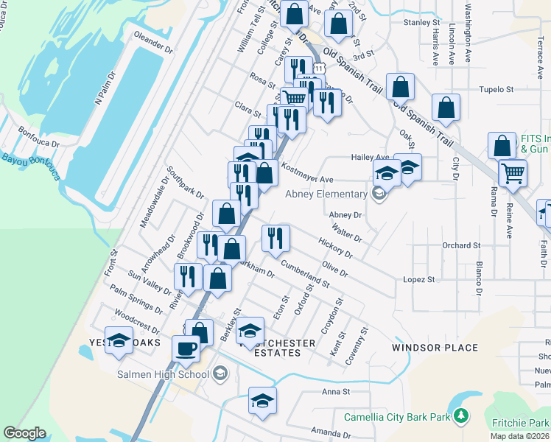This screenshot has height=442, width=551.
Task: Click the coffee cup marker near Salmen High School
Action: click(x=186, y=348)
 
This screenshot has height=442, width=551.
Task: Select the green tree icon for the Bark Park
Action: click(x=461, y=417)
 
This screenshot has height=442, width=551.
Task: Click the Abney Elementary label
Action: click(x=326, y=194)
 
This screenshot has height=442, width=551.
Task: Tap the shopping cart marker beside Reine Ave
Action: click(x=513, y=174)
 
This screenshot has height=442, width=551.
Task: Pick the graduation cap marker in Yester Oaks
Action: click(x=118, y=340)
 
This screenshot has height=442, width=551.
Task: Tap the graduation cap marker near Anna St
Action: click(x=262, y=401)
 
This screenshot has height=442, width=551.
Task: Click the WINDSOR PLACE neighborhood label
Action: click(x=435, y=348)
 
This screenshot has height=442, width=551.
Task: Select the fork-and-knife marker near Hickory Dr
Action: click(x=276, y=238)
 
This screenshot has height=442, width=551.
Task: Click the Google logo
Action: click(x=24, y=432)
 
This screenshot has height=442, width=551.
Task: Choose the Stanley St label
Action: click(x=421, y=23)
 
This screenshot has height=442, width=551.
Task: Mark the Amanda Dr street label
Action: click(x=330, y=432)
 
